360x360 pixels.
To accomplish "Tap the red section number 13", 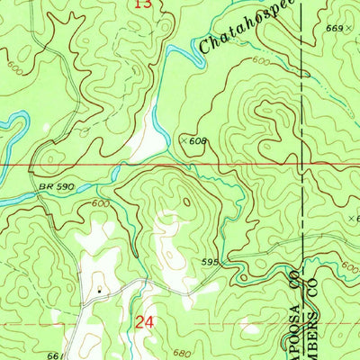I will pyautogui.click(x=142, y=4).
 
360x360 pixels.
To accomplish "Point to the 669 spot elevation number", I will pyautogui.click(x=337, y=29).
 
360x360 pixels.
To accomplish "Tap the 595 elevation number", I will pyautogui.click(x=209, y=263).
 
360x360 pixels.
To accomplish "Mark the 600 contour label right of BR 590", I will pyautogui.click(x=99, y=204).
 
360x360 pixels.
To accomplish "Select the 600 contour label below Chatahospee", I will pyautogui.click(x=260, y=60).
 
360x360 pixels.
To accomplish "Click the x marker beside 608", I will pyautogui.click(x=184, y=140).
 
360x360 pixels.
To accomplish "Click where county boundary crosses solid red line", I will pyautogui.click(x=302, y=165).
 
